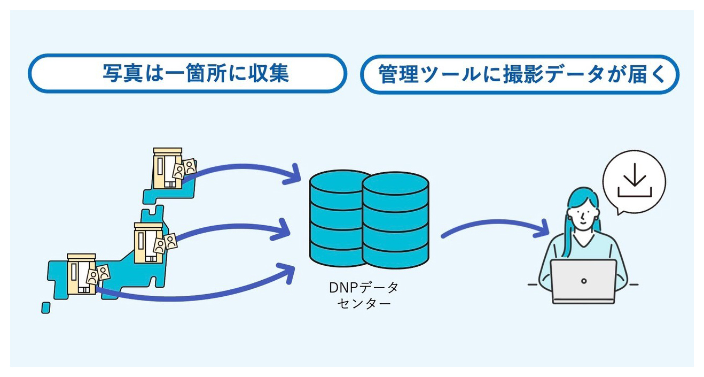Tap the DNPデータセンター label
tap(364, 295)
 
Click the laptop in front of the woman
tap(583, 281)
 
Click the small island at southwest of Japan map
tap(46, 307)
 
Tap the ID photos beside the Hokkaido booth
tap(184, 168)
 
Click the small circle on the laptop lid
tap(584, 281)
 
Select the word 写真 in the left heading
tap(119, 73)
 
